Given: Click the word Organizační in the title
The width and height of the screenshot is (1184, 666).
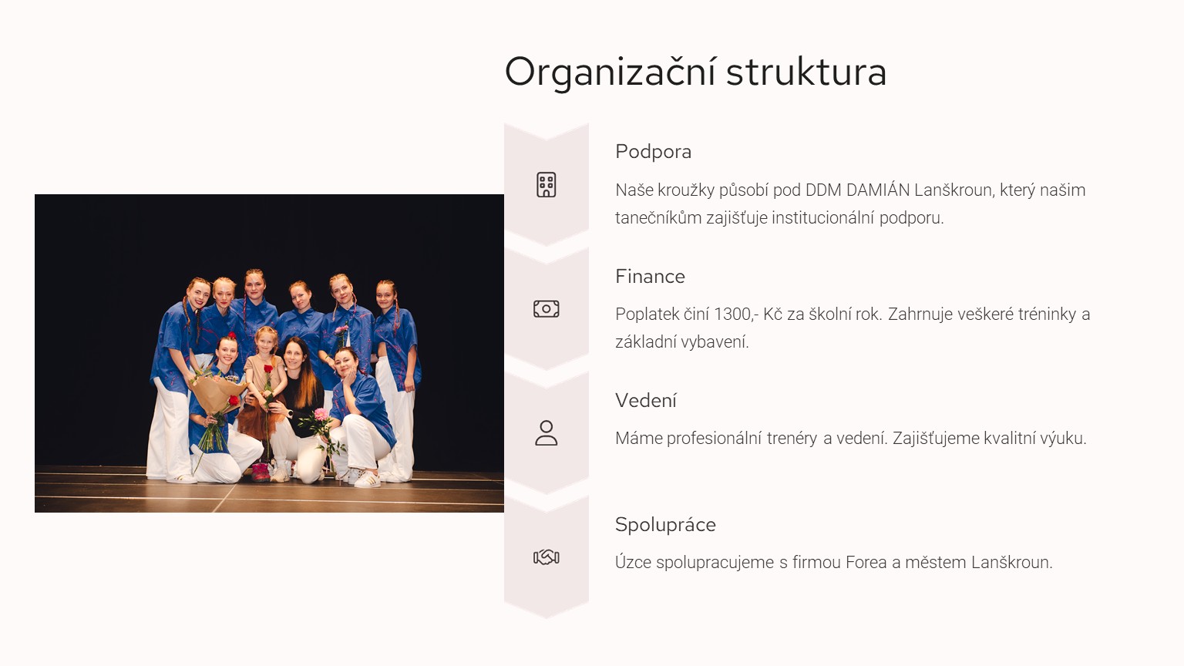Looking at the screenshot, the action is pos(610,72).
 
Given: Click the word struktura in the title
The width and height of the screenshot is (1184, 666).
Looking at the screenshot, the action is pos(806,72).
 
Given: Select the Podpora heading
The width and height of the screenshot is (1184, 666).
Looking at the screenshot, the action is pos(654,152).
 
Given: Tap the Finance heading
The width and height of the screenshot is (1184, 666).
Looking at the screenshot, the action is pos(650,277).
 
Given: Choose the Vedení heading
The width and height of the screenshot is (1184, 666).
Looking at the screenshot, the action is pos(646,401).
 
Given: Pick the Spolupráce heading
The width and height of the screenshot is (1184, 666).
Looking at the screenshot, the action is pos(665,525).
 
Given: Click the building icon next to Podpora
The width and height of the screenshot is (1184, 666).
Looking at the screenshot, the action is pos(547,185).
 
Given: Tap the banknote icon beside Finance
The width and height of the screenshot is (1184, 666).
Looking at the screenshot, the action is pos(547,308).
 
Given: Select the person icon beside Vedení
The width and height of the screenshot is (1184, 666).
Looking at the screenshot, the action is pos(547,433).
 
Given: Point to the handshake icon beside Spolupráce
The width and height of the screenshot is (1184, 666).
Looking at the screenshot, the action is pos(547,557).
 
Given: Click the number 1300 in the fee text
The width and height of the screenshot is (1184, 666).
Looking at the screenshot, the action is pos(732,314).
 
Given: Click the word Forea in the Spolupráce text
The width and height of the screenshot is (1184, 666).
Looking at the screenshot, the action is pos(866,563).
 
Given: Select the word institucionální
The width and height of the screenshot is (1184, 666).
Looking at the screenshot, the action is pos(823,218).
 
